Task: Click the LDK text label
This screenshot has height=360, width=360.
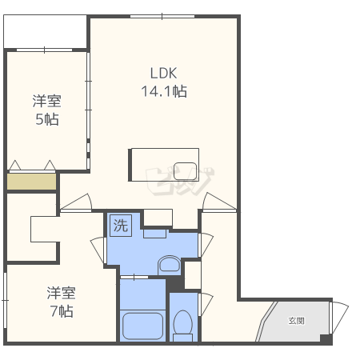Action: pos(163,73)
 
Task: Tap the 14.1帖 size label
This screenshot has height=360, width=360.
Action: pos(164,91)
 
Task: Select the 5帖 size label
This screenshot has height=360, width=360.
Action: pos(47,119)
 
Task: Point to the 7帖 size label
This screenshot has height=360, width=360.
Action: pos(62,311)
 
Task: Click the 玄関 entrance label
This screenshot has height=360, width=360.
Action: pos(296,321)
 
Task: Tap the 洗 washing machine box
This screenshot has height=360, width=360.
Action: pos(121,226)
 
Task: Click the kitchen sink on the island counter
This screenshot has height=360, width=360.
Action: pos(185,171)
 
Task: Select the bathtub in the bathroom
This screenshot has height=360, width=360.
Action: pos(142,326)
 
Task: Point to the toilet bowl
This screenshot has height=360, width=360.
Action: pos(183,322)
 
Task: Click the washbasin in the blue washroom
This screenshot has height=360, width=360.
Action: pos(169,264)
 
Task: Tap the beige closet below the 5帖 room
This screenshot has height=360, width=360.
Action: pos(31,182)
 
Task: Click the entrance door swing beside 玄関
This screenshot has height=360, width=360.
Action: pos(340,318)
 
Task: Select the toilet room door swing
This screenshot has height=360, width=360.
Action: pos(207,304)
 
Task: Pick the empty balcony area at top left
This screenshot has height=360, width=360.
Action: pos(45,31)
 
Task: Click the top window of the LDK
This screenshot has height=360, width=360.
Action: pos(162,17)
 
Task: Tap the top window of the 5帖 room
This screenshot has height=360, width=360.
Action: pos(44,50)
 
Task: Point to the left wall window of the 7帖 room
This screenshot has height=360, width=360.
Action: pos(5,300)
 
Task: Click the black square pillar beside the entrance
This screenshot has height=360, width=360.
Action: pos(326,339)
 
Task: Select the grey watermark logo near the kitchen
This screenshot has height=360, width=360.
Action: pos(179,182)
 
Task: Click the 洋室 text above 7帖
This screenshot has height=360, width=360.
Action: pos(62,293)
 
